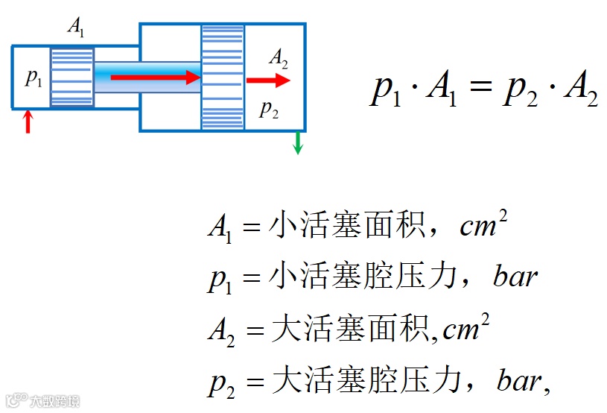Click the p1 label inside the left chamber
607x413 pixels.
point(34,77)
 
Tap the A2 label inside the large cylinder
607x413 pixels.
point(279,57)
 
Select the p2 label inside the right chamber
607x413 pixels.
point(269,110)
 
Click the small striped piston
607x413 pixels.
point(72,77)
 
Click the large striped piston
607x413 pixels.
point(223,77)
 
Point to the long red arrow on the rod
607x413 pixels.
point(156,77)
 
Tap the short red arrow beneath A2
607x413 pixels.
point(267,80)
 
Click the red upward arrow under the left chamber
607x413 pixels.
point(28,122)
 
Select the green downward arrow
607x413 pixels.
point(298,142)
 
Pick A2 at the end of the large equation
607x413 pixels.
point(581,92)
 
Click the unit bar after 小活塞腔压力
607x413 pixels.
point(515,277)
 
